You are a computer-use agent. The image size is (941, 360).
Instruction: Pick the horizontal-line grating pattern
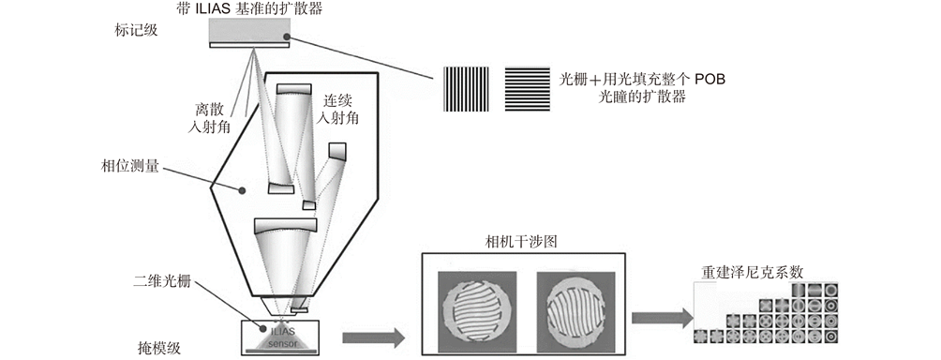pos(527,89)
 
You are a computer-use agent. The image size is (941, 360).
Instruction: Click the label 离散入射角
pos(209,118)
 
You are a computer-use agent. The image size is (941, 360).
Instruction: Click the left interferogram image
pos(476,311)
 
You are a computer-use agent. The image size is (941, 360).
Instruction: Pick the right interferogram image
pos(575,311)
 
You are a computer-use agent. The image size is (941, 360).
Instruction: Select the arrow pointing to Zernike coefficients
pos(662,318)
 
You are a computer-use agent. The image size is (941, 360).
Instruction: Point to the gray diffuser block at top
pos(249,29)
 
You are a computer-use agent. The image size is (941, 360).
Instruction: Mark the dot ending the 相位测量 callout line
pos(242,191)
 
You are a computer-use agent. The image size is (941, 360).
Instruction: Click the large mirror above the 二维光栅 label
pos(286,226)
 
